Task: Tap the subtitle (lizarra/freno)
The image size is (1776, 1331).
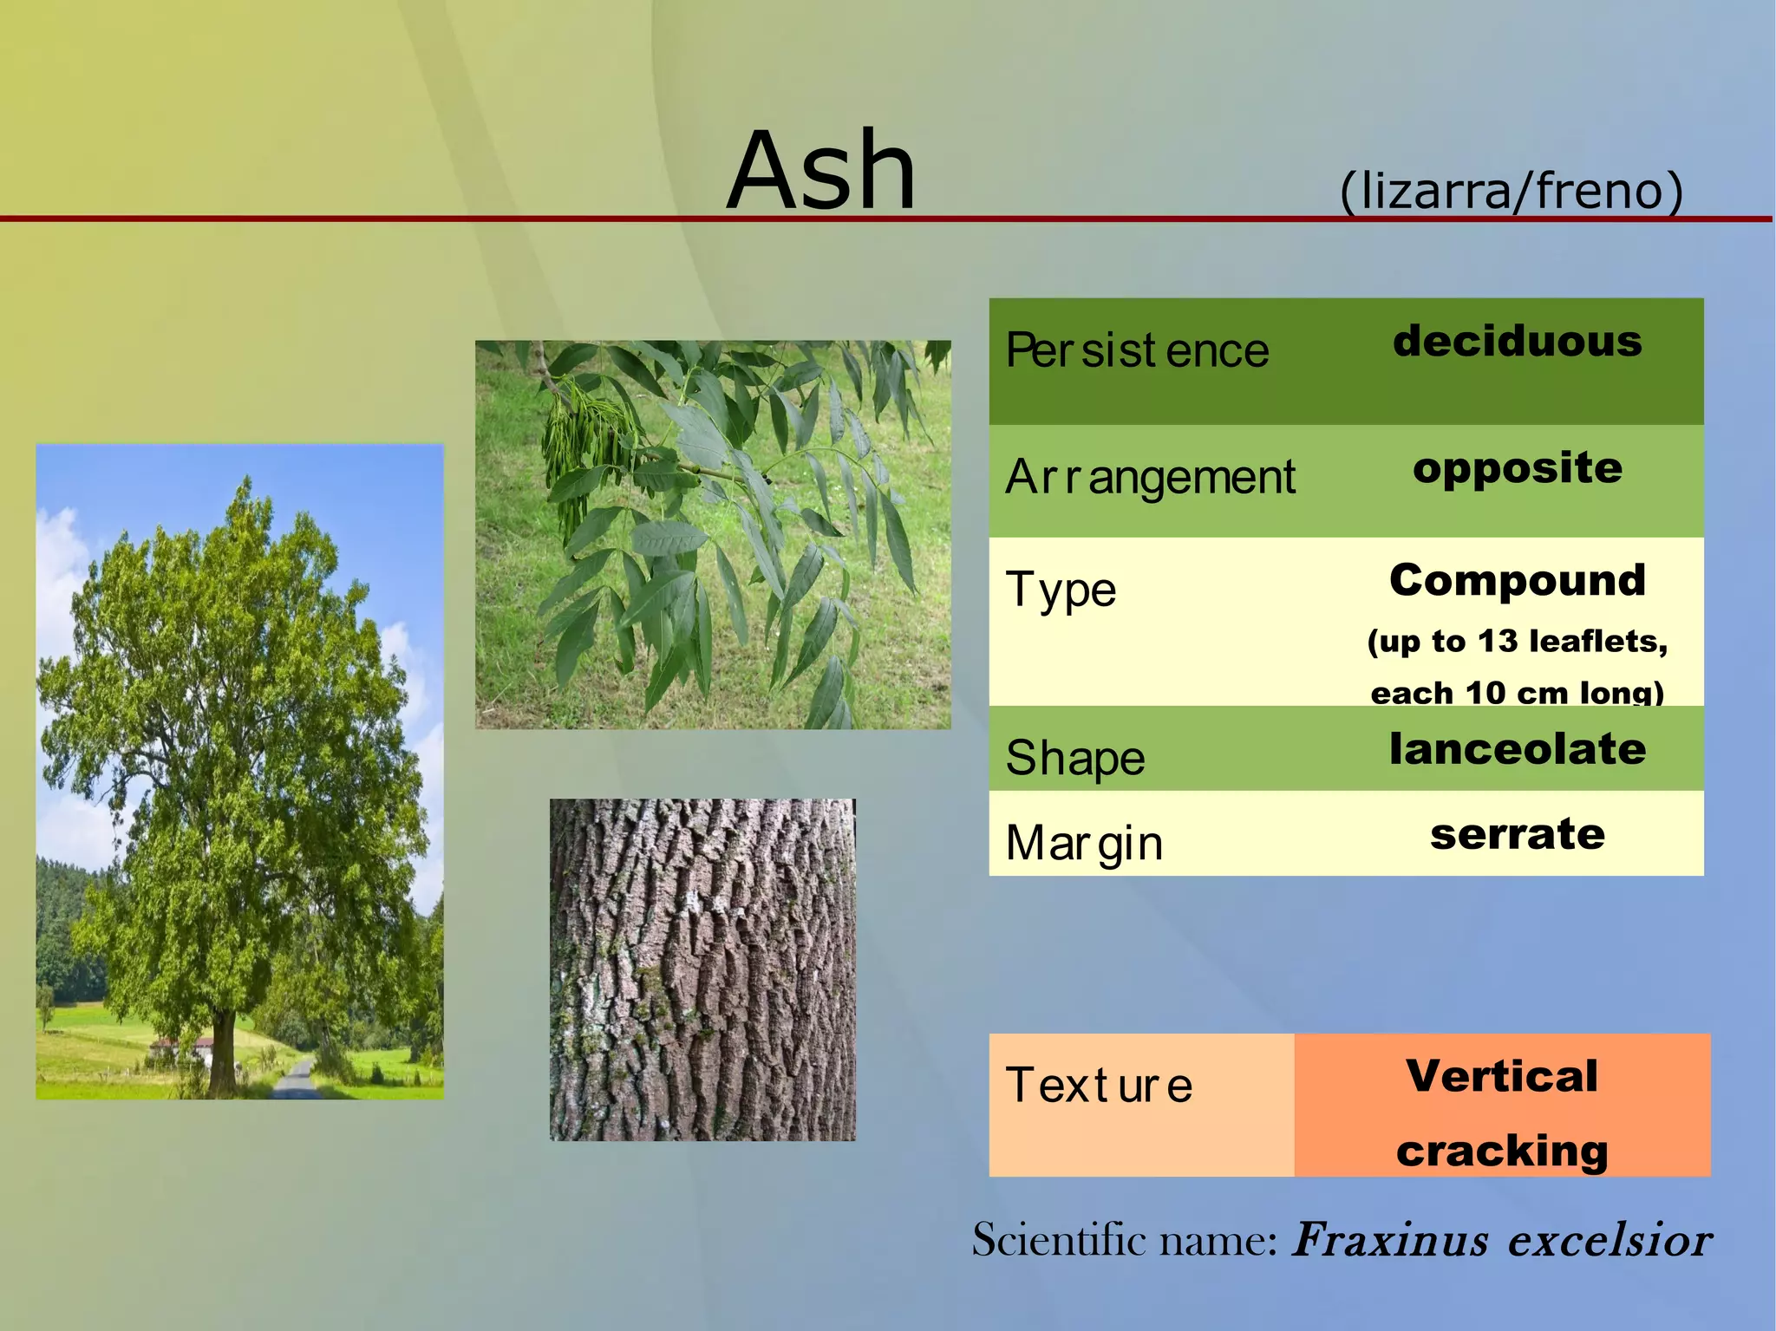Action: (1511, 190)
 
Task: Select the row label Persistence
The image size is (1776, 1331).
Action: (1136, 351)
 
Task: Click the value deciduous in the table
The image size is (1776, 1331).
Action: (1517, 342)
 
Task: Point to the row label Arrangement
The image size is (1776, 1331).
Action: (1150, 477)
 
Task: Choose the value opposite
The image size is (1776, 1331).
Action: (1517, 469)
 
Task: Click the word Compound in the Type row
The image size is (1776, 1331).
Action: (1517, 580)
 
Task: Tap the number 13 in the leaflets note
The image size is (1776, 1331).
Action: (1498, 641)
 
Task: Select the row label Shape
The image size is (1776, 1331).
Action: (1074, 757)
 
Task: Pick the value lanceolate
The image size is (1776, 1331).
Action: (1517, 749)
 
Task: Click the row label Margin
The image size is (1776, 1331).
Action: (1083, 843)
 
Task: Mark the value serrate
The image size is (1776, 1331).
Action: (1517, 834)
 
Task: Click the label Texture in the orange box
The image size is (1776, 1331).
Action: (1099, 1085)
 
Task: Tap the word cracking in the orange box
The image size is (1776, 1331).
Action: (1502, 1151)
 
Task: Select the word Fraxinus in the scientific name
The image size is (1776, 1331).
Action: (1389, 1240)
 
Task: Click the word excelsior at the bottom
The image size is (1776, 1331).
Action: (1609, 1240)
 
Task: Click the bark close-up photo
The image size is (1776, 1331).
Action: (702, 969)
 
